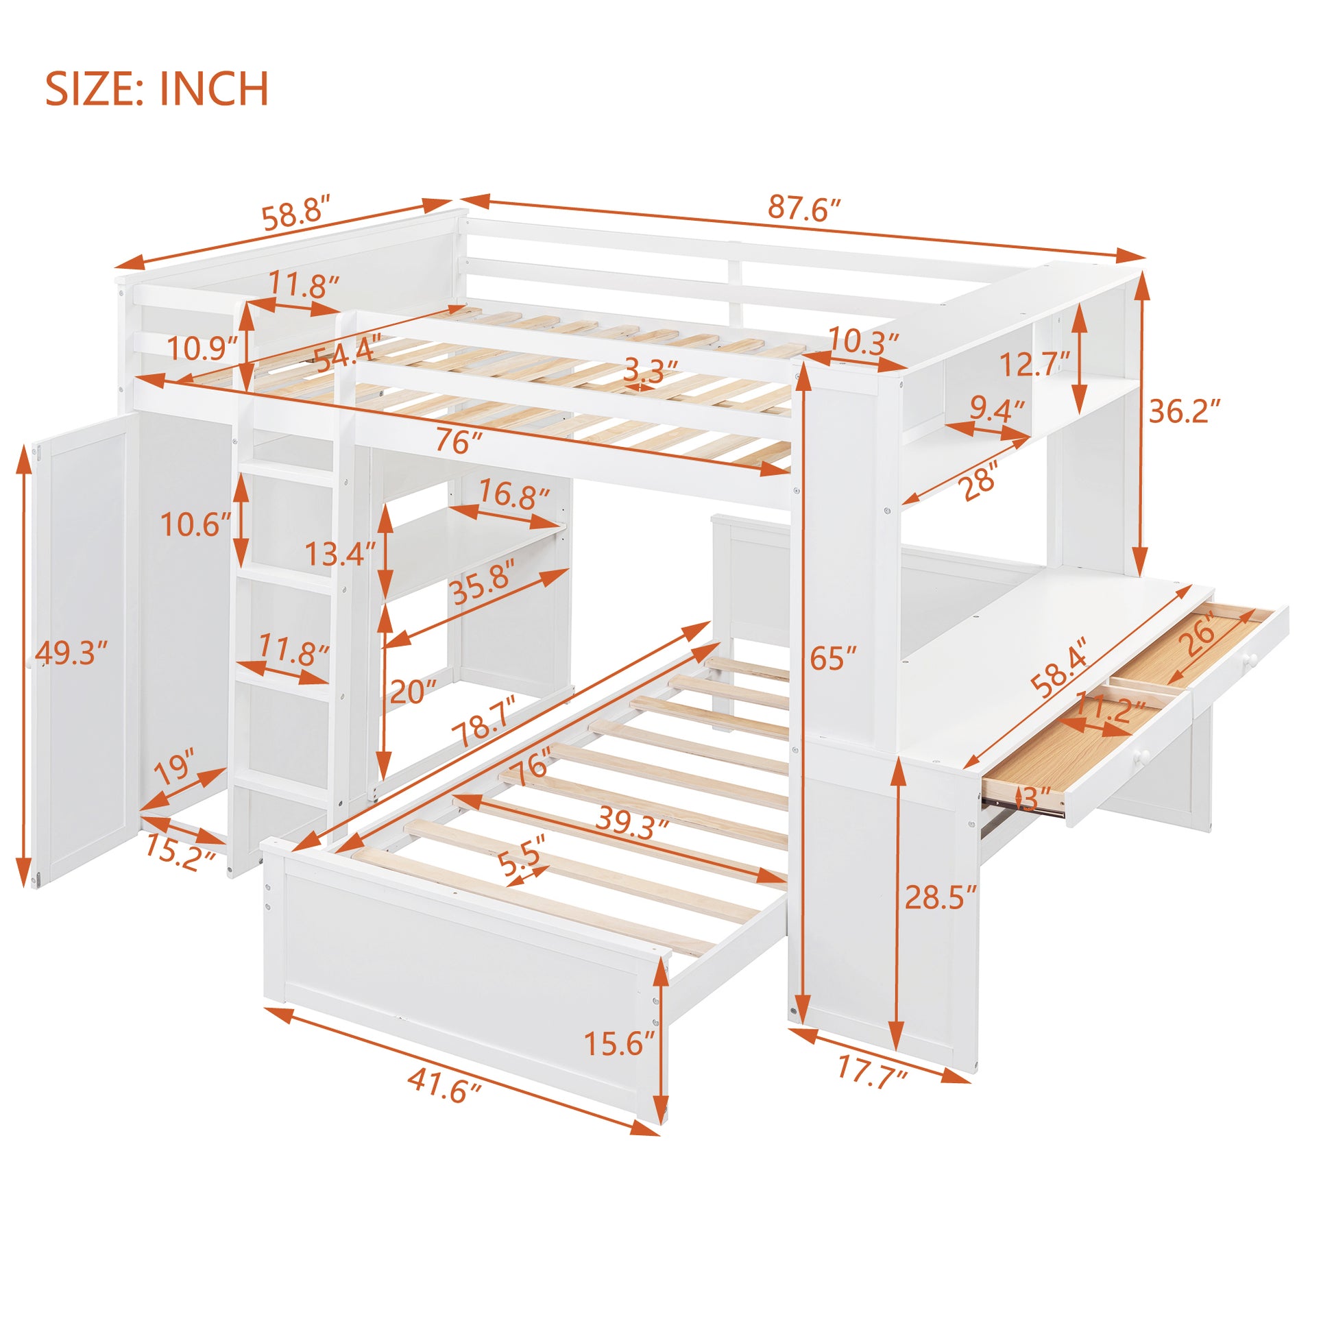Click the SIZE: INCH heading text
[x=157, y=89]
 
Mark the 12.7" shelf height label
[x=1035, y=364]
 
